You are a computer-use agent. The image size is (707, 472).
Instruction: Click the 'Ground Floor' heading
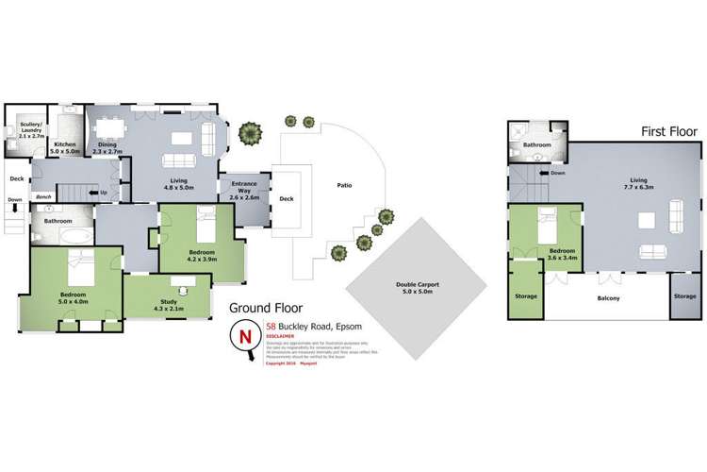click(x=269, y=308)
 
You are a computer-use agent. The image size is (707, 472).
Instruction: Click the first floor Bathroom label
click(x=537, y=145)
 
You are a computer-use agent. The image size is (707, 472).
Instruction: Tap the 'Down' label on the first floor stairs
click(x=557, y=173)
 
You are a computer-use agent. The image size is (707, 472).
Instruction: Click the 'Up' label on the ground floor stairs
click(x=101, y=193)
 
